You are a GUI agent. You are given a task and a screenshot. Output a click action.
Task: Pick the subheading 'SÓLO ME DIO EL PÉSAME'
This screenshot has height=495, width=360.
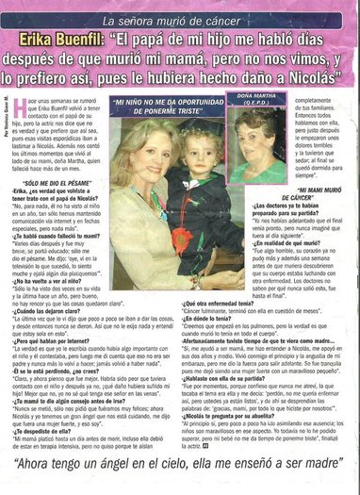pyautogui.click(x=60, y=180)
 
